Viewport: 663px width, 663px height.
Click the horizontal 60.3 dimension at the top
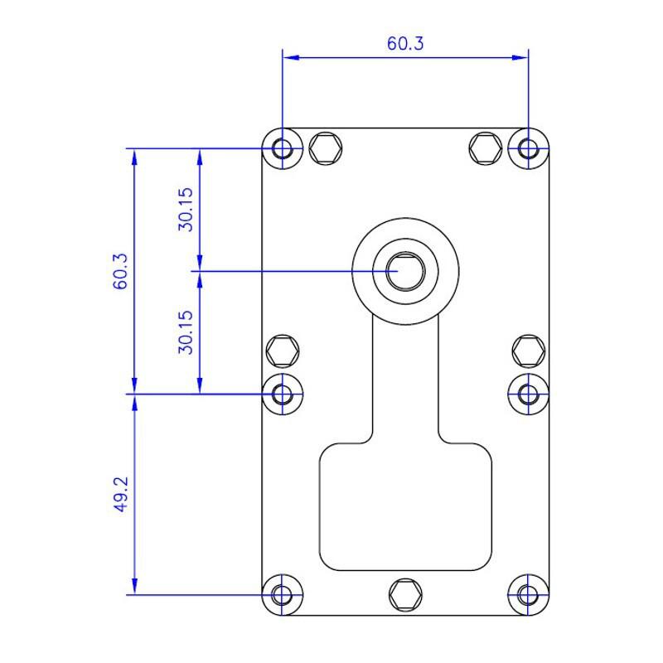(405, 44)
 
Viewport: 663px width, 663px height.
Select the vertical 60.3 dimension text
(120, 271)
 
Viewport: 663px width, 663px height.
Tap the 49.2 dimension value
(121, 494)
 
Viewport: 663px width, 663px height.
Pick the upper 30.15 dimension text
(186, 210)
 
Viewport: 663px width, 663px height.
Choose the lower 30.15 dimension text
(186, 332)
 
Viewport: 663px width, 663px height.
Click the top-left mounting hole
(282, 149)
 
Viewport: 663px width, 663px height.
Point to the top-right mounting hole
(528, 149)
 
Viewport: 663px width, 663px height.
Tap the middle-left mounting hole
(282, 394)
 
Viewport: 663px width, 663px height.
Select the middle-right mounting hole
(528, 394)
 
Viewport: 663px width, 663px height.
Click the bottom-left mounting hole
(282, 595)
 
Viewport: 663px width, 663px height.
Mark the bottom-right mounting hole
(528, 595)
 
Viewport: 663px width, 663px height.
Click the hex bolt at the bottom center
(405, 595)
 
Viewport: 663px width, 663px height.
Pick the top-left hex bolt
(326, 148)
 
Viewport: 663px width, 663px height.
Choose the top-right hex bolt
(486, 148)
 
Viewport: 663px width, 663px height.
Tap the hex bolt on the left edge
(283, 351)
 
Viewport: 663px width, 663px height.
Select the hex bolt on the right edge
(529, 351)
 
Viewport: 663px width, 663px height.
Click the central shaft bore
(405, 271)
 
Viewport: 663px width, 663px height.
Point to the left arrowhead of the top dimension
(291, 57)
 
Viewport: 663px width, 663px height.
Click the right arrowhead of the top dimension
(520, 57)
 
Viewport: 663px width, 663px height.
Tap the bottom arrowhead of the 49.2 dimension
(134, 587)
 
